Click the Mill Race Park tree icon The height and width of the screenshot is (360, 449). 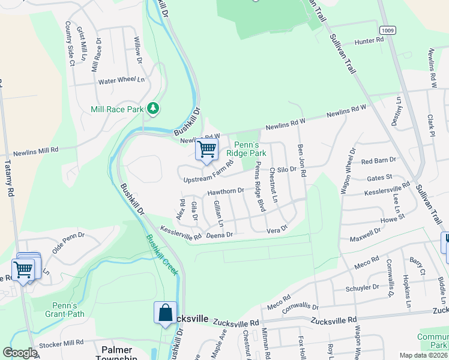(x=154, y=108)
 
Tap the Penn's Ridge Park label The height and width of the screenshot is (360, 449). (x=250, y=149)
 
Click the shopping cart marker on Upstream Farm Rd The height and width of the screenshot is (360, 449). (x=207, y=149)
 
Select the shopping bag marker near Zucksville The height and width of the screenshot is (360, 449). (x=165, y=313)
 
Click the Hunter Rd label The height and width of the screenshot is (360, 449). (x=369, y=41)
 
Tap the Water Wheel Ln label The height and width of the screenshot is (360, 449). (x=122, y=80)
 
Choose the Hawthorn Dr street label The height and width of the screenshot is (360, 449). (x=226, y=191)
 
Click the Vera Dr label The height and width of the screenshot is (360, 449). (x=277, y=229)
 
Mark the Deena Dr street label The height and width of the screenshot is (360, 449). (x=219, y=235)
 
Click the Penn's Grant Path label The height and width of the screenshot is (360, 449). (x=64, y=309)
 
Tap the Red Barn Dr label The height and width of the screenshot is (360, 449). (x=378, y=161)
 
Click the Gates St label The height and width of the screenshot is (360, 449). (x=379, y=178)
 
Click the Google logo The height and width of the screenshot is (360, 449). (x=20, y=353)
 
